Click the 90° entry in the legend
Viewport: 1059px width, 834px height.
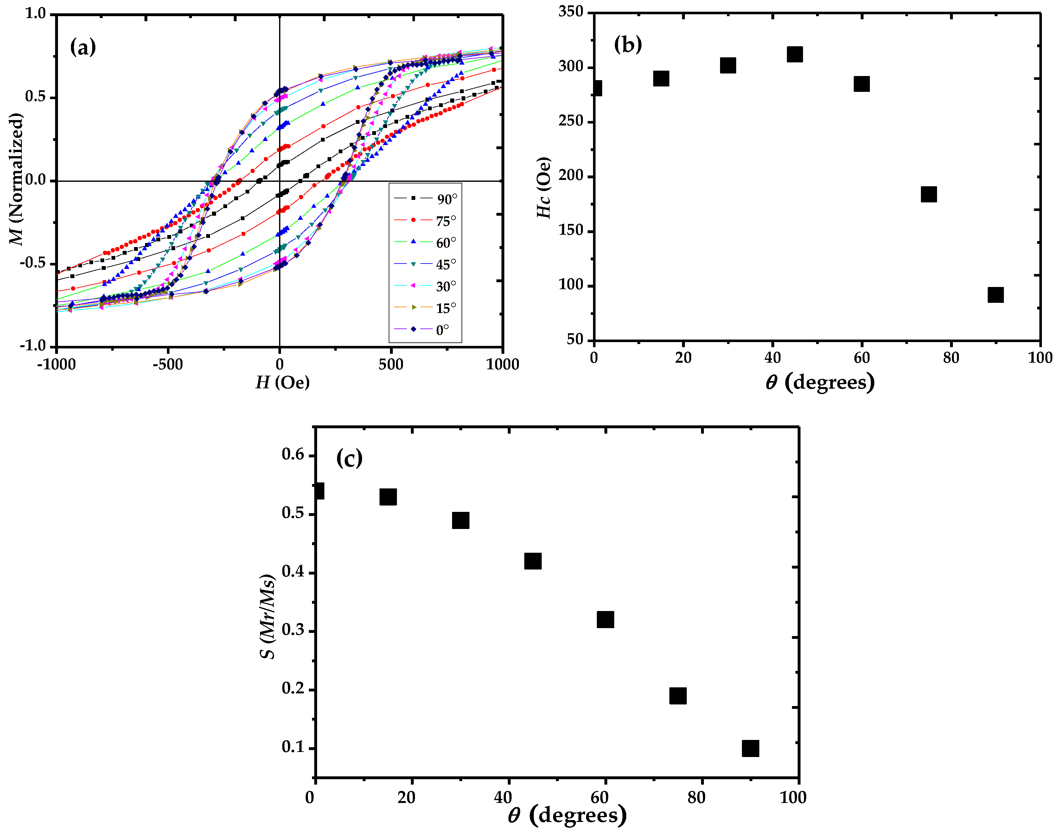point(425,199)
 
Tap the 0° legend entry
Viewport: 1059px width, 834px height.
point(425,330)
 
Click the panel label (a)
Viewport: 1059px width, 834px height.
point(83,48)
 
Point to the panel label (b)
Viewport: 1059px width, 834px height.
point(628,45)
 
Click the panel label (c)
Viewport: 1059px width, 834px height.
point(349,458)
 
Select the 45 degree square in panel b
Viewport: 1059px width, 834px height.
point(795,54)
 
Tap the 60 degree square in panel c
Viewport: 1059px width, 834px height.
point(605,619)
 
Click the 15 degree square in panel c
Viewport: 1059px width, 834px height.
point(388,497)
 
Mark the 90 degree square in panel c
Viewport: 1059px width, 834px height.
point(750,748)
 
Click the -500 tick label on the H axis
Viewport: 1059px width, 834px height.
point(168,364)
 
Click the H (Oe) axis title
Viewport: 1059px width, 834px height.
point(283,382)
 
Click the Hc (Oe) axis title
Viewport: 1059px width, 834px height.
point(543,188)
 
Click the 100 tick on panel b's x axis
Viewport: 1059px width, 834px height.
point(1040,358)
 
